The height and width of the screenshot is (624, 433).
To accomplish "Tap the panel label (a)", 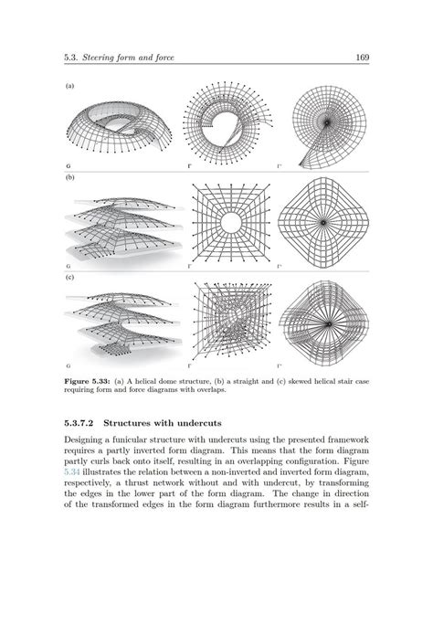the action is (69, 87).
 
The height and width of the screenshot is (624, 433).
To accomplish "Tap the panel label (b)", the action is (69, 178).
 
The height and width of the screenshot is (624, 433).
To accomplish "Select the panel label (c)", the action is (69, 275).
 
